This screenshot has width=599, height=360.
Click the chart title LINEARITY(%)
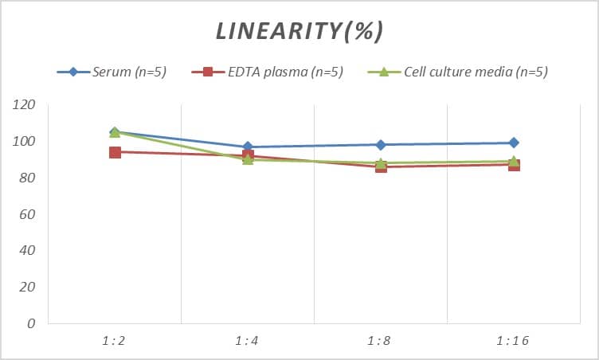[x=299, y=31]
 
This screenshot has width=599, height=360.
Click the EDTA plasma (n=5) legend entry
[x=267, y=72]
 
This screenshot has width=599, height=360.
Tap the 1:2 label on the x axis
[x=115, y=341]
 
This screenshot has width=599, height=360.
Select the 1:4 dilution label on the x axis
[x=248, y=341]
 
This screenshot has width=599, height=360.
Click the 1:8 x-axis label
[x=381, y=341]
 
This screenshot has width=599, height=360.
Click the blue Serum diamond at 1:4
[x=248, y=147]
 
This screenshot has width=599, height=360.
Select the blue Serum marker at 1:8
[x=381, y=145]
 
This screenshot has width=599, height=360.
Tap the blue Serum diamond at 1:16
[x=514, y=143]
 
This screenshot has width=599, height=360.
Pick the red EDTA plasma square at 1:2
[x=115, y=152]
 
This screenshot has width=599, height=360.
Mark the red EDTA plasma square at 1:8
[x=381, y=167]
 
